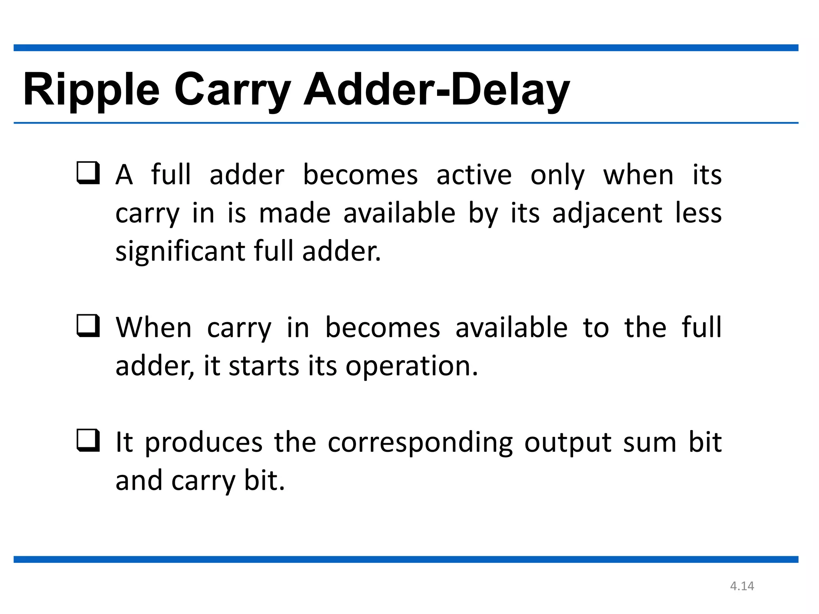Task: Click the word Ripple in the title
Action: click(x=91, y=90)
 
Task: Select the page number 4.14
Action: click(x=742, y=586)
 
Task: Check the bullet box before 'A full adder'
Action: click(x=88, y=173)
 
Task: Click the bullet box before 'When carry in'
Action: click(x=88, y=325)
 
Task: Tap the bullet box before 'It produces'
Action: click(x=88, y=440)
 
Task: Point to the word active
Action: click(x=474, y=175)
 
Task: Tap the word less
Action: click(x=698, y=213)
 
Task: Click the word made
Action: click(x=295, y=213)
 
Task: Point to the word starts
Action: click(x=264, y=366)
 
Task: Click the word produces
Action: click(x=204, y=443)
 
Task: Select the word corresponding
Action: click(x=420, y=443)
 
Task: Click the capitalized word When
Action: click(x=154, y=328)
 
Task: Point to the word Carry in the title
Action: click(x=232, y=90)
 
